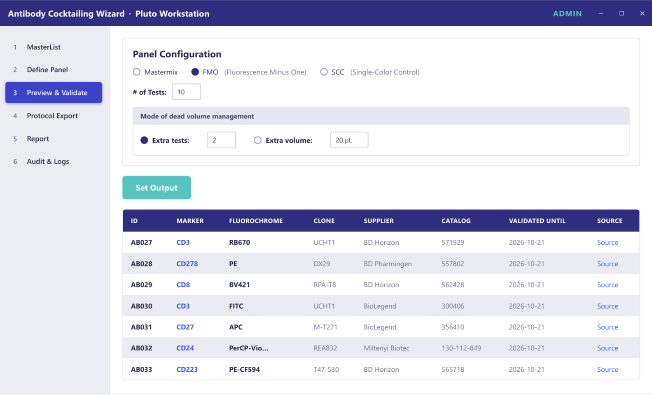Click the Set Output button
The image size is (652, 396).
(x=157, y=188)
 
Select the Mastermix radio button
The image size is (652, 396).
(x=136, y=72)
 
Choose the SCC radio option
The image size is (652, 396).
(x=324, y=72)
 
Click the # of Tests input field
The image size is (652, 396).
(x=186, y=92)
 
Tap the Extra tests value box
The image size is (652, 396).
(x=221, y=140)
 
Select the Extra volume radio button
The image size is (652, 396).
(x=257, y=140)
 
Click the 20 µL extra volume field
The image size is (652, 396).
(x=349, y=140)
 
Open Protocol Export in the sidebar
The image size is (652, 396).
(x=52, y=116)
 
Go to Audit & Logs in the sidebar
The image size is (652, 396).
(x=48, y=161)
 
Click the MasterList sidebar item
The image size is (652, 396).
(x=44, y=47)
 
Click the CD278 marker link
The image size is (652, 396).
(x=187, y=264)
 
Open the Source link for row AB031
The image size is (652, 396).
(x=608, y=327)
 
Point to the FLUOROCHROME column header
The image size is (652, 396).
(x=256, y=221)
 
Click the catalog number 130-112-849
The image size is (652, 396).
(x=461, y=348)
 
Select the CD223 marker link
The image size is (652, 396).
(x=187, y=369)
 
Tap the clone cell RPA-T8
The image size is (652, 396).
(x=325, y=285)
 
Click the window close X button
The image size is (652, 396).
(x=642, y=14)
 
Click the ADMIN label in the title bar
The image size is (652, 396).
(x=567, y=14)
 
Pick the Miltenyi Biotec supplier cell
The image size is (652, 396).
(x=386, y=348)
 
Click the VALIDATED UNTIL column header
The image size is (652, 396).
(x=537, y=221)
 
